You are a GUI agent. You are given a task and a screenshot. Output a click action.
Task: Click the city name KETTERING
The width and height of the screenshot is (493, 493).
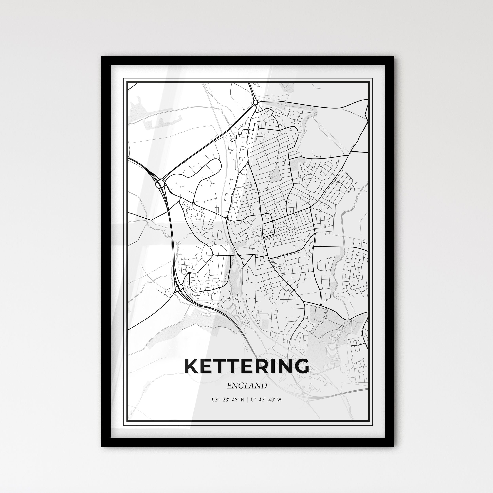coord(246,366)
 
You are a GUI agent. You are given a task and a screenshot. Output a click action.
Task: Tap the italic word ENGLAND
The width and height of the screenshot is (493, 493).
coord(246,386)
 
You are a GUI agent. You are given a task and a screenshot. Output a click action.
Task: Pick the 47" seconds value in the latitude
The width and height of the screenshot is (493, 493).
coord(235,400)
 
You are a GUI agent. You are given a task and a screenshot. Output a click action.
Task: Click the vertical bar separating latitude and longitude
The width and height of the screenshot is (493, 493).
coord(247,400)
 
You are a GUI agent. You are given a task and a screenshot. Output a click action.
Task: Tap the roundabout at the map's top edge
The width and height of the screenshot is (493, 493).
coord(255,103)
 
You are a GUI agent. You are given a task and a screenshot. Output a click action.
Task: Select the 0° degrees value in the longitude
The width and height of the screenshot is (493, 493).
coord(253,400)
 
